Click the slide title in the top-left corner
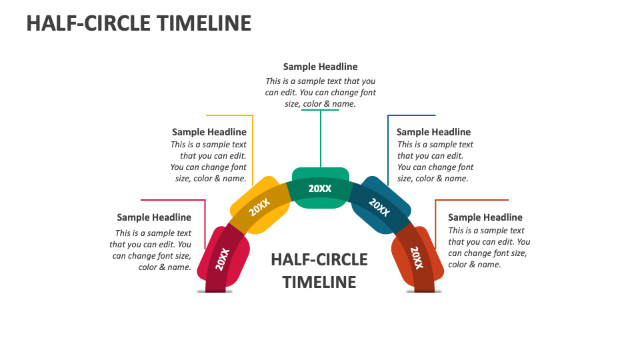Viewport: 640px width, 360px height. pos(139,23)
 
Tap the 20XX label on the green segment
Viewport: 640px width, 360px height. pos(320,189)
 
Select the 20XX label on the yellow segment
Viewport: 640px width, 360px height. pos(259,208)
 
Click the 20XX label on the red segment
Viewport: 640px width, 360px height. pos(223,259)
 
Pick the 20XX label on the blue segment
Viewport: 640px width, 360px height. pos(380,207)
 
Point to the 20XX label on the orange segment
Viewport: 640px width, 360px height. pos(417,258)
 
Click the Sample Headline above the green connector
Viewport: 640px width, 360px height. pos(320,67)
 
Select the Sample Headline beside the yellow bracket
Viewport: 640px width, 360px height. pos(209,132)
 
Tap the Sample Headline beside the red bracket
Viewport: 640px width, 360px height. pos(154,217)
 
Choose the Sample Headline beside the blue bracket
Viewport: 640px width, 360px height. pos(433,132)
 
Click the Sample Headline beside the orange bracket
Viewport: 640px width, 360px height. pos(485,217)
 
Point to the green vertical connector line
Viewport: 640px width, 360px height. pos(321,139)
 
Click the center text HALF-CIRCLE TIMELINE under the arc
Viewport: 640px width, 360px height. pos(319,271)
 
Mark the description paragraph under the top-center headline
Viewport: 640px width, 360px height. pos(320,93)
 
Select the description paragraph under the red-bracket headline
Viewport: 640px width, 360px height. pos(152,250)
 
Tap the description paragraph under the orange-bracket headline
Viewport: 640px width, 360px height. pos(489,247)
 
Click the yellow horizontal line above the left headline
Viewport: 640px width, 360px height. pos(229,115)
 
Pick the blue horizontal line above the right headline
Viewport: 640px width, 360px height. pos(411,115)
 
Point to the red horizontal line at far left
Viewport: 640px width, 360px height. pos(173,199)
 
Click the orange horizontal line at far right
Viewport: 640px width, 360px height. pos(471,199)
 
